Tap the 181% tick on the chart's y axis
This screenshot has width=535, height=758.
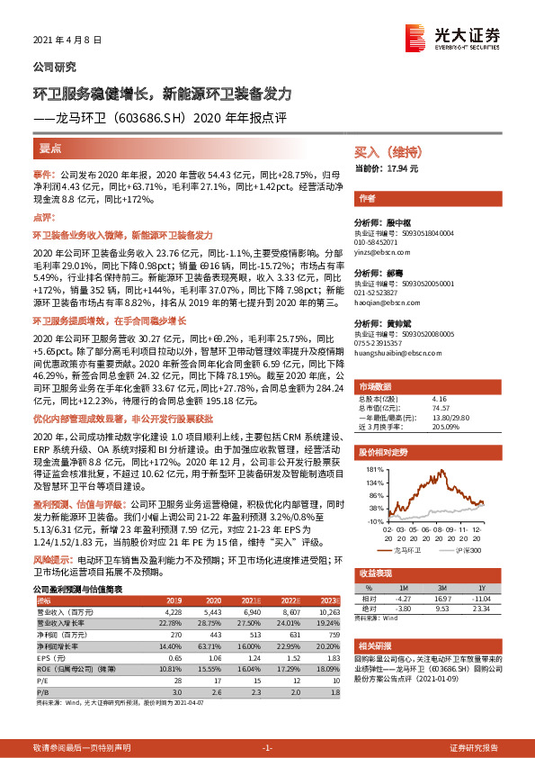370,470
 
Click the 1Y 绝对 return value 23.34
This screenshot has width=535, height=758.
485,607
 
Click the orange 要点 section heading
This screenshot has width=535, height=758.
49,148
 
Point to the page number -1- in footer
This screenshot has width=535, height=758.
267,748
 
